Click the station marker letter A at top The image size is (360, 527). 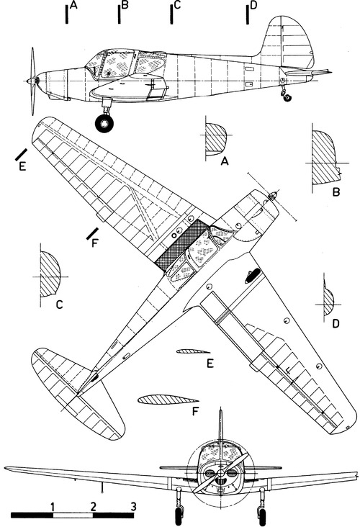click(74, 5)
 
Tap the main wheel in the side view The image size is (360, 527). click(104, 123)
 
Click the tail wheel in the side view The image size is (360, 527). click(287, 97)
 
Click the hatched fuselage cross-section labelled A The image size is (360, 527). click(215, 137)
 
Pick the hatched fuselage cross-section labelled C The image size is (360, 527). click(50, 274)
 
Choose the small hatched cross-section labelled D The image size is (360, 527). click(328, 299)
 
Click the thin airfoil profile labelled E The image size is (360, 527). click(193, 351)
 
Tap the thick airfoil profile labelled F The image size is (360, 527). click(168, 400)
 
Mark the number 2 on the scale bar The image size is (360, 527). click(93, 506)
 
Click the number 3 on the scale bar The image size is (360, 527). click(133, 506)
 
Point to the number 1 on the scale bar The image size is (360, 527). click(53, 506)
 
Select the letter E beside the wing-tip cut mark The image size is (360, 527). click(22, 166)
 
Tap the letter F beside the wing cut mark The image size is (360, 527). click(94, 243)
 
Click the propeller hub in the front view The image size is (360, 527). click(220, 473)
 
